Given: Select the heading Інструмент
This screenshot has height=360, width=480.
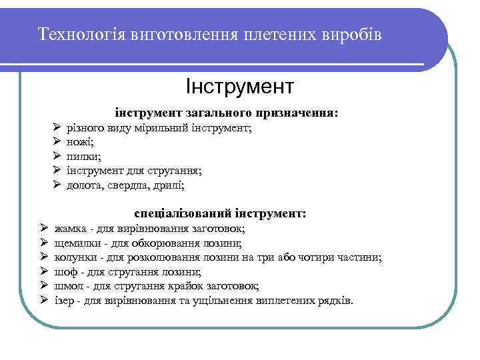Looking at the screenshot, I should pyautogui.click(x=239, y=86).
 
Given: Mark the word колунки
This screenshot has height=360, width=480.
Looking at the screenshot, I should pyautogui.click(x=75, y=257).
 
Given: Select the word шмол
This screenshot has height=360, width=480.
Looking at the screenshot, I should pyautogui.click(x=68, y=286).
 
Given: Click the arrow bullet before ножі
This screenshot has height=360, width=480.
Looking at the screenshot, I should pyautogui.click(x=57, y=141).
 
